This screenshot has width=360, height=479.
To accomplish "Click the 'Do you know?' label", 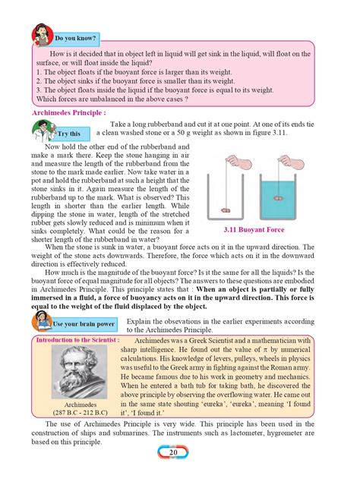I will [74, 36].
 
